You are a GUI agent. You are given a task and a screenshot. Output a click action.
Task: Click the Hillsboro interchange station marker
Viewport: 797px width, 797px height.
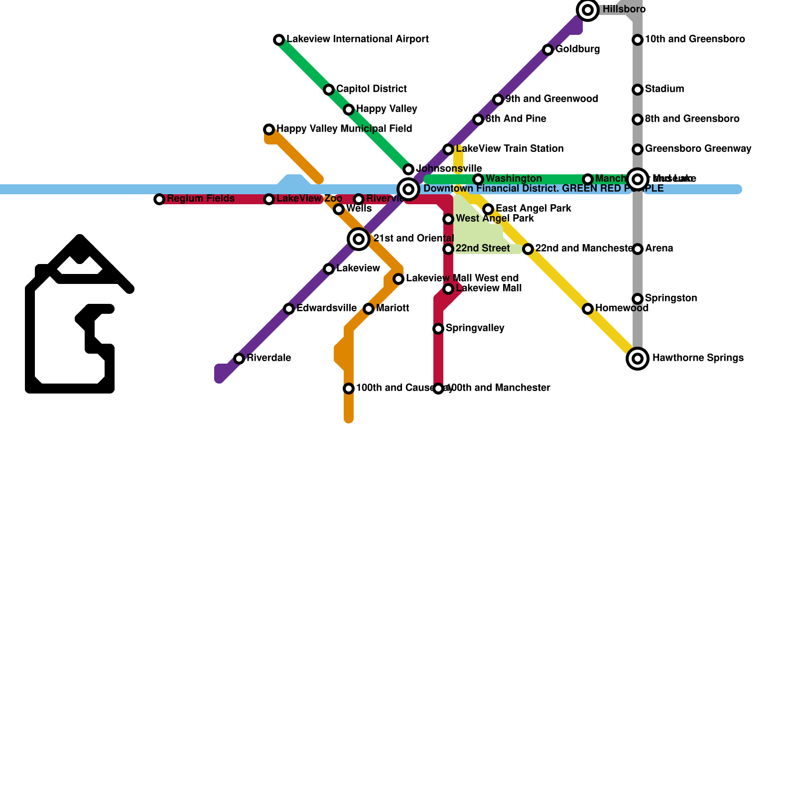click(x=588, y=10)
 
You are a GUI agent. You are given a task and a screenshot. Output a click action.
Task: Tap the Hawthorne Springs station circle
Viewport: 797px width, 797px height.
click(x=638, y=359)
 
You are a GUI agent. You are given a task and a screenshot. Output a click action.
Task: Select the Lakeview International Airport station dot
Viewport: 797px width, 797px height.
click(x=279, y=40)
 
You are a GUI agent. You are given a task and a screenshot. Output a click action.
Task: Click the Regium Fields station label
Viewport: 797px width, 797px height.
click(x=201, y=199)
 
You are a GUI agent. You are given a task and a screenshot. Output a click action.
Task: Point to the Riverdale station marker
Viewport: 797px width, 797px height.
click(x=239, y=359)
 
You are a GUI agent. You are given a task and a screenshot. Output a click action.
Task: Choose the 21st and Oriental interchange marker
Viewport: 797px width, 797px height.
click(x=359, y=239)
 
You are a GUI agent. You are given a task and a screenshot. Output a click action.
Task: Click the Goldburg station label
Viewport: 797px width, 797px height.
click(x=577, y=49)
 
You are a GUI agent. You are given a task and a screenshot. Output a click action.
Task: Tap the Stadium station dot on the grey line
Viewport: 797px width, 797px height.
click(x=638, y=90)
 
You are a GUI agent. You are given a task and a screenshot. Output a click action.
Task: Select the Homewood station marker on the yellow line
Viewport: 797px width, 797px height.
click(x=588, y=309)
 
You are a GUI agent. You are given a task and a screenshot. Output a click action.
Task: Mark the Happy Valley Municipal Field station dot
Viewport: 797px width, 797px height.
click(x=269, y=130)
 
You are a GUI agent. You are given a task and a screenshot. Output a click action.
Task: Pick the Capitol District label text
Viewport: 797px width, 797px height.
click(x=371, y=89)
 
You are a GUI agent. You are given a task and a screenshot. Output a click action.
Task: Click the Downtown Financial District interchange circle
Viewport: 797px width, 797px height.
click(x=408, y=189)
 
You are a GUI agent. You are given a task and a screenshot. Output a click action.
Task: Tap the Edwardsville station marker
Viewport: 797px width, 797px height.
click(x=289, y=309)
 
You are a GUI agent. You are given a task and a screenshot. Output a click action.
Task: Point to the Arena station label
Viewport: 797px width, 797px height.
click(x=659, y=249)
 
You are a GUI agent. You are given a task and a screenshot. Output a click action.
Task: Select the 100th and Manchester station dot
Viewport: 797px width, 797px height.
click(x=438, y=389)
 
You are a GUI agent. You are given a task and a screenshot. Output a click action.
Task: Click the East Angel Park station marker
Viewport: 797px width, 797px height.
click(x=488, y=209)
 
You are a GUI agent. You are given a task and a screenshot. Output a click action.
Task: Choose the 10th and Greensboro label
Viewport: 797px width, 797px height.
click(x=695, y=39)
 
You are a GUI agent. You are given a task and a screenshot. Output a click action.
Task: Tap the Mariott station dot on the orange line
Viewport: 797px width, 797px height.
click(x=369, y=309)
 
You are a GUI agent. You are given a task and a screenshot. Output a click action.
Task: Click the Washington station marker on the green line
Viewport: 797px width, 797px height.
click(x=478, y=179)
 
